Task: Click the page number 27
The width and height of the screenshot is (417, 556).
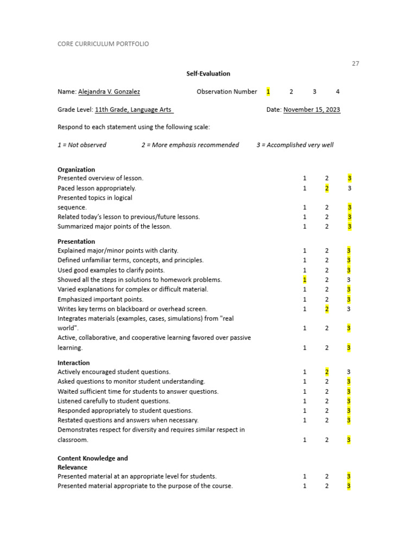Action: (x=355, y=64)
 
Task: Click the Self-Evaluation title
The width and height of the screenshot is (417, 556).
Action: (x=208, y=73)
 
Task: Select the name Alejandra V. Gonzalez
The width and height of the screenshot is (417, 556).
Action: (x=109, y=92)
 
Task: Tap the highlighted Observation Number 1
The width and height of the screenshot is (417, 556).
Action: (x=268, y=92)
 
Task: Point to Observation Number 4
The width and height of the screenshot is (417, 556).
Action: (x=338, y=92)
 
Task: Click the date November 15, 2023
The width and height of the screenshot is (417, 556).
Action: (x=312, y=110)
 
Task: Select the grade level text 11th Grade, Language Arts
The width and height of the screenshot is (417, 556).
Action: (x=134, y=110)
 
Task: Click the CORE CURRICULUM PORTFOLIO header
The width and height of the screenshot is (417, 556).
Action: (x=103, y=44)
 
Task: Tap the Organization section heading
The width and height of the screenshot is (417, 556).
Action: (x=76, y=169)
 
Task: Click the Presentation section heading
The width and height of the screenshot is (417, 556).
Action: (x=76, y=242)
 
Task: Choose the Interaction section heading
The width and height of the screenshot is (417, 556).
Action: (x=74, y=363)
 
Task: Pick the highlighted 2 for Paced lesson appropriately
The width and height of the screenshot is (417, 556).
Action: (x=327, y=188)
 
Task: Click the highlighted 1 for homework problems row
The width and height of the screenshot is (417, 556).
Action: (x=305, y=280)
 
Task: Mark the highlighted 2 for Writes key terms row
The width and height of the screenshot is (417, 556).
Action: (x=327, y=309)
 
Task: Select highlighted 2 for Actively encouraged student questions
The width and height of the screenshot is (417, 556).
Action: (x=327, y=372)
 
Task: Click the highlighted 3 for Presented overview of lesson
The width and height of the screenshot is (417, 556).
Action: (x=350, y=178)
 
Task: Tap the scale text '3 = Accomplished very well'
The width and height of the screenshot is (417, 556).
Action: (x=295, y=145)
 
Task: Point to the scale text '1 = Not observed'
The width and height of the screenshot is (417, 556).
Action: (x=82, y=145)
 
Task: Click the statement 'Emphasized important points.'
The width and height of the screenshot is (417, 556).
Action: (x=100, y=299)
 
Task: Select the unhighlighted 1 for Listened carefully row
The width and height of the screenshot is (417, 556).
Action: (x=305, y=401)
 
